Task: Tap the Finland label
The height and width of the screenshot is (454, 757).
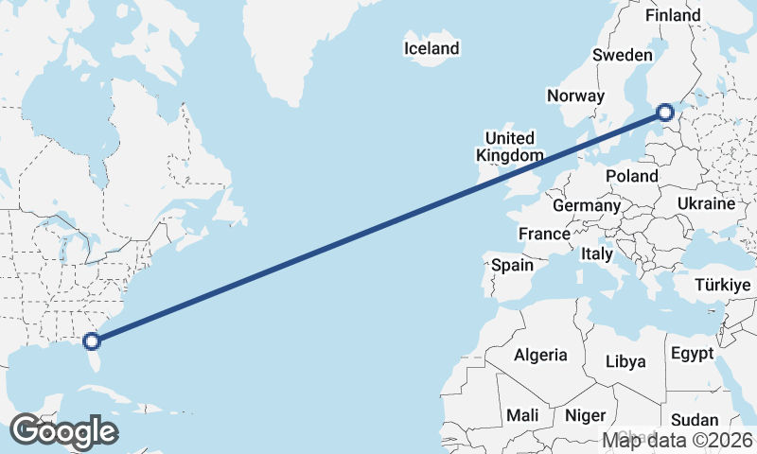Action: (673, 15)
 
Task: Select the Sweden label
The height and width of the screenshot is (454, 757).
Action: (623, 55)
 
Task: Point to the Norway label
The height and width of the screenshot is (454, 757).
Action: (575, 96)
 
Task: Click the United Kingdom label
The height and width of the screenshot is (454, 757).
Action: (510, 147)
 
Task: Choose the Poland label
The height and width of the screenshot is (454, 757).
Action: (632, 176)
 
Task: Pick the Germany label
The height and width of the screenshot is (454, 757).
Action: (587, 205)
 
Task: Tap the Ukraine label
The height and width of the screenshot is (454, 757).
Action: (706, 203)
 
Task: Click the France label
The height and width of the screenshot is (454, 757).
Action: (544, 234)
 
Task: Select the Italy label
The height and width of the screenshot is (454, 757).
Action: (597, 253)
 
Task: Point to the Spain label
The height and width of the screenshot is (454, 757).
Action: (512, 266)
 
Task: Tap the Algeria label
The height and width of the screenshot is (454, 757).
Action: (540, 356)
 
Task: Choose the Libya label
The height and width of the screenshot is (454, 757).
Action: (625, 361)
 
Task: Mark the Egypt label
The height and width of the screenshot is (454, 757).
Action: (692, 354)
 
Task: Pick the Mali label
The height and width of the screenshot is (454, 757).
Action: (522, 415)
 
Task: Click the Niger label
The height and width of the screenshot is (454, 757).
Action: (585, 415)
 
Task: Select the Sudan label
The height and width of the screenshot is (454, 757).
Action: (695, 420)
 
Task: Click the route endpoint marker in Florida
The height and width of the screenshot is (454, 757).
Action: (92, 341)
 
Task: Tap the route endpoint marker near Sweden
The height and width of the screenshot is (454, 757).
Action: (665, 113)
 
